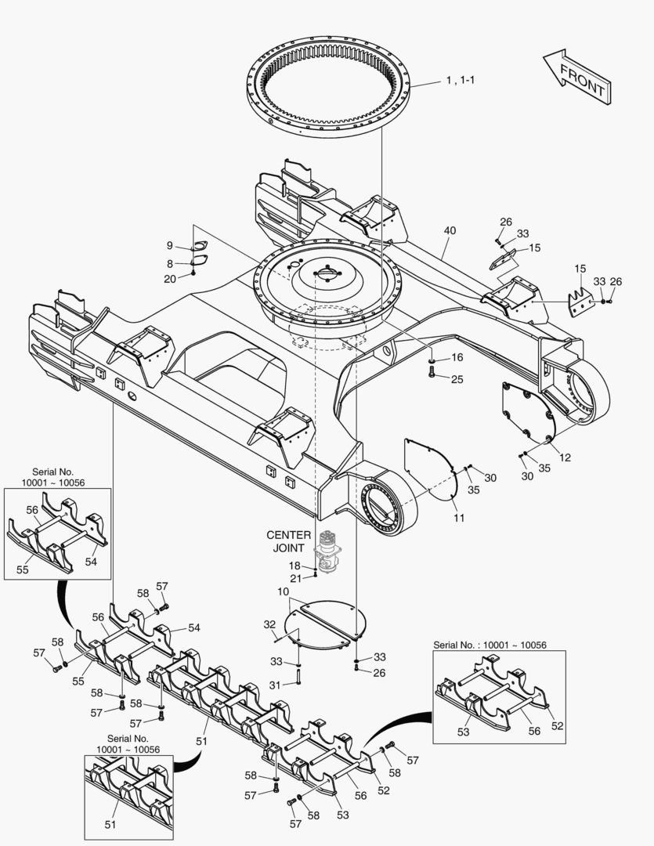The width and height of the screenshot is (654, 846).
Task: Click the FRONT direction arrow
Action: pos(576,77)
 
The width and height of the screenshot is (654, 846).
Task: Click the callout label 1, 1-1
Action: pos(461,81)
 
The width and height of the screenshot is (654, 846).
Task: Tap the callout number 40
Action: pos(450,230)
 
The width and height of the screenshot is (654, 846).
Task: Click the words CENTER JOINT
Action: pos(289,541)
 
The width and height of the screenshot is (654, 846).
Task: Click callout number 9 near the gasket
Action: pos(169,245)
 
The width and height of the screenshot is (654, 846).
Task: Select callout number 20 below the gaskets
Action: pos(170,279)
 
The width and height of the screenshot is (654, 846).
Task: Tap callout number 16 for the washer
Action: pos(457,357)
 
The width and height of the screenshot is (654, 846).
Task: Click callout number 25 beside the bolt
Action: pos(457,379)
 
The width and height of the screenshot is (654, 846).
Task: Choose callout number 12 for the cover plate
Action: pos(565,457)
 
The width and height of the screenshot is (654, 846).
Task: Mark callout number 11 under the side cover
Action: pos(459,518)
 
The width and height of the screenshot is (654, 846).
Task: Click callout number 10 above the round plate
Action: pos(284,592)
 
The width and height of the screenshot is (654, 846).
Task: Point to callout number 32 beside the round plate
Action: pos(269,624)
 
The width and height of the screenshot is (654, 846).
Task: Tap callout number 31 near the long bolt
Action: pos(275,685)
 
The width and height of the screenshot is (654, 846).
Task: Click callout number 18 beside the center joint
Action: pos(294,566)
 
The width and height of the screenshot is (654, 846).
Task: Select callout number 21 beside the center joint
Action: pos(296,578)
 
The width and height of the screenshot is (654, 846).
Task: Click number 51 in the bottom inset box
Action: pos(110,824)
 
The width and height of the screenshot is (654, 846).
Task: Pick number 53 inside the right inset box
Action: pos(463,732)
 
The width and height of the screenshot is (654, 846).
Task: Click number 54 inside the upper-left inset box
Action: pos(91,561)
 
